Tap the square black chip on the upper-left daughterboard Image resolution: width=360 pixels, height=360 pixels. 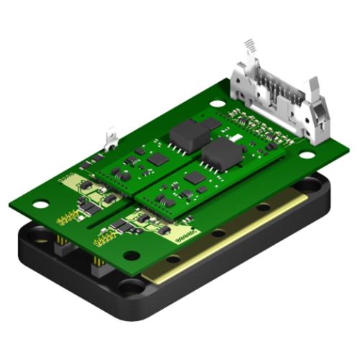pos(158,158)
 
